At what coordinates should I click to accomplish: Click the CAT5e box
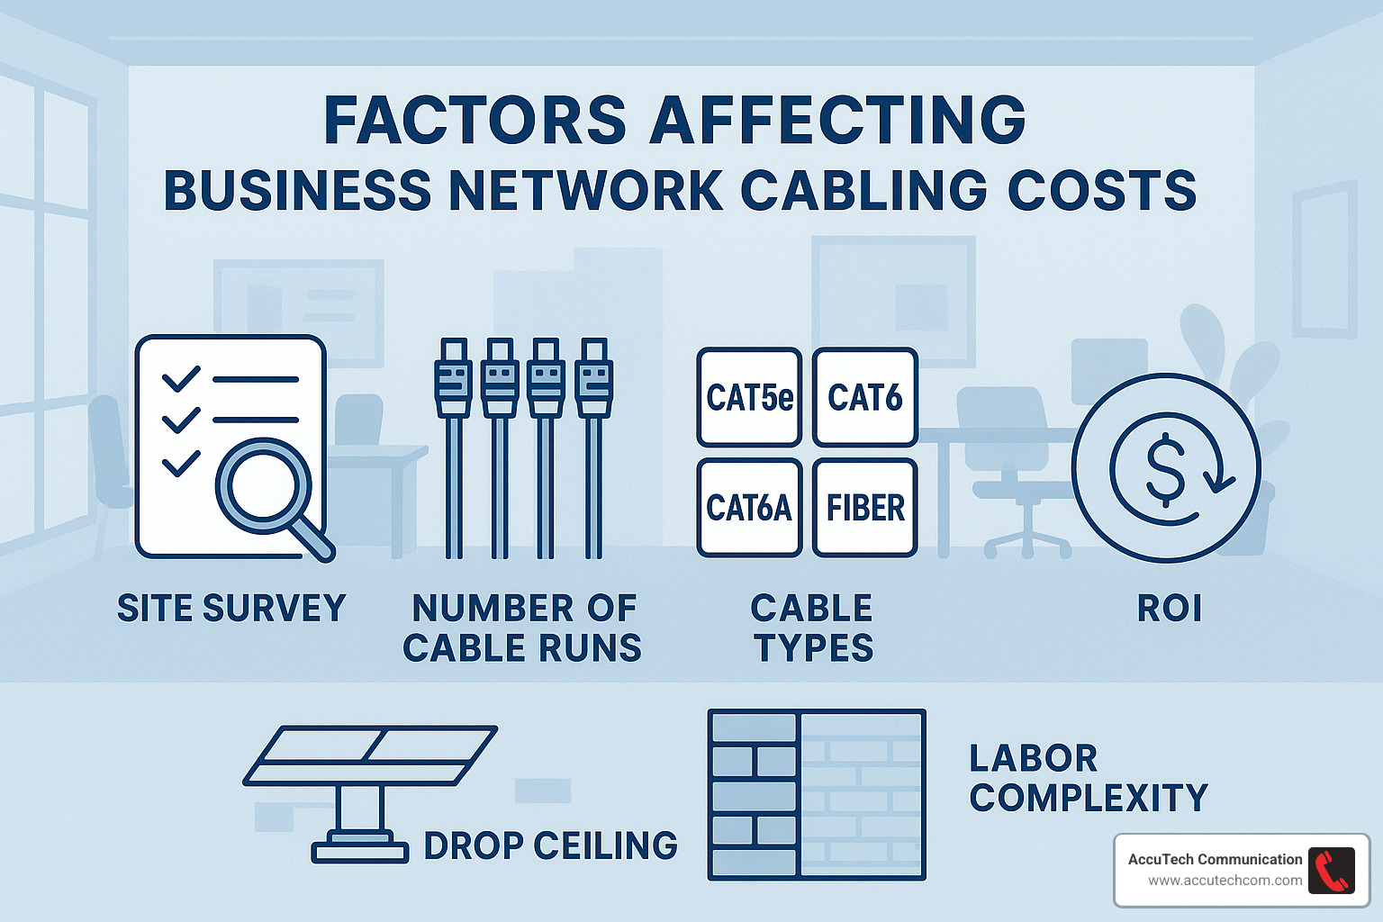tap(749, 397)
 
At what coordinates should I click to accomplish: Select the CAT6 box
tap(864, 397)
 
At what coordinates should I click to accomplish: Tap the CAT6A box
tap(749, 508)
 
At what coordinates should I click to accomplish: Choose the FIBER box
tap(864, 508)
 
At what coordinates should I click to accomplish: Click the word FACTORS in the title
tap(475, 120)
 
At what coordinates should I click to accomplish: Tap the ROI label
tap(1170, 609)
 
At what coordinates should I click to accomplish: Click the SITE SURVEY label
tap(231, 609)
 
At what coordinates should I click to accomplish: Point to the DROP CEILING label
tap(550, 845)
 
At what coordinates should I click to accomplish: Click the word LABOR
tap(1034, 758)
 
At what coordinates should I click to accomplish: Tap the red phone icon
tap(1331, 871)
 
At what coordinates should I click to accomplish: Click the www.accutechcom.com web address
tap(1225, 881)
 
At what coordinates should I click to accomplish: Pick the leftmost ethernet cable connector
tap(454, 378)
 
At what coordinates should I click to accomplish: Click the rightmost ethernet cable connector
tap(593, 378)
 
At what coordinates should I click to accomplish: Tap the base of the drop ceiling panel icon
tap(360, 849)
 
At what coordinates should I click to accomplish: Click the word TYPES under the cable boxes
tap(814, 648)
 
